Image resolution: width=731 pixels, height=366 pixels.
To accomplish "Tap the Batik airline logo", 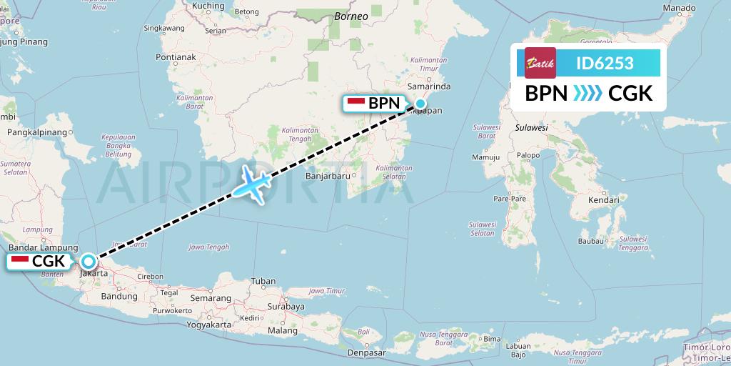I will pyautogui.click(x=540, y=63).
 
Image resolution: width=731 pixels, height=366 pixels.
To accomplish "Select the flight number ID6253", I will pyautogui.click(x=605, y=63).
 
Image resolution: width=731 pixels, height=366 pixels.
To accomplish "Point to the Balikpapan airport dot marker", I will pyautogui.click(x=420, y=104).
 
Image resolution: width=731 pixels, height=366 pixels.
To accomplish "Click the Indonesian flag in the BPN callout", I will pyautogui.click(x=356, y=104).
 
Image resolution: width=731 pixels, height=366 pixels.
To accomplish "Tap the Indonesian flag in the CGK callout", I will pyautogui.click(x=19, y=262).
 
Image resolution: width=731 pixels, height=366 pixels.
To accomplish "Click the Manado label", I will pyautogui.click(x=678, y=8).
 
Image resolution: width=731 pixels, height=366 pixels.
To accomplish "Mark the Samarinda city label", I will pyautogui.click(x=428, y=86).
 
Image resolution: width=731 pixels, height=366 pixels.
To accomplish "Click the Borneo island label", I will pyautogui.click(x=351, y=16).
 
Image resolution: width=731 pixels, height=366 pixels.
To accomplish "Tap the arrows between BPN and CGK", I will pyautogui.click(x=588, y=94).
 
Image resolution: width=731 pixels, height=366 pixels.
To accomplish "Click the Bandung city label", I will pyautogui.click(x=119, y=296).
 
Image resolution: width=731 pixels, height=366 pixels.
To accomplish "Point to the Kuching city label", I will pyautogui.click(x=208, y=6).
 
